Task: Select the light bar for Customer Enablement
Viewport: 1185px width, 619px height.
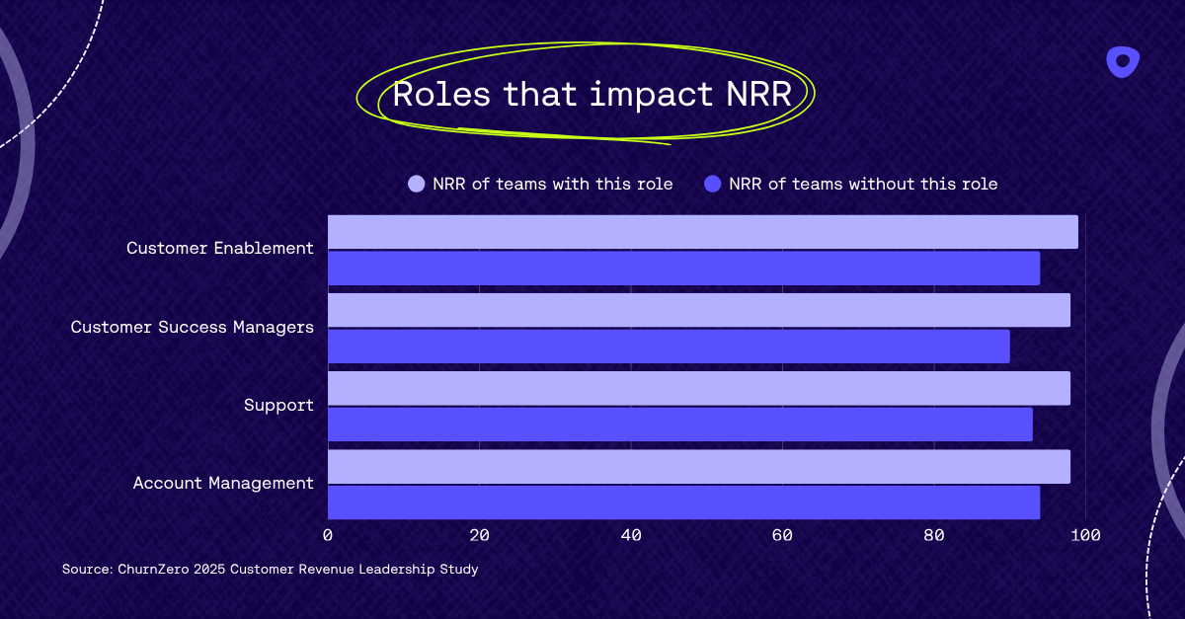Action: pos(702,232)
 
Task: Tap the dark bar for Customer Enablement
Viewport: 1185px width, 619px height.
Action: pos(683,268)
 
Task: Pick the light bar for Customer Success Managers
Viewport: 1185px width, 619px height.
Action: pos(698,310)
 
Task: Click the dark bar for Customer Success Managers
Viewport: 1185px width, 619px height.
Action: pos(669,347)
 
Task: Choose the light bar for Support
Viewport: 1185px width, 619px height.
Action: pos(698,388)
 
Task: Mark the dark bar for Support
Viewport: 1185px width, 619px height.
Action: pos(679,425)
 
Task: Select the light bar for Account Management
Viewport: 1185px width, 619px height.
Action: pos(698,467)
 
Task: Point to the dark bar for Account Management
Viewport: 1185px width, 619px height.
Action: pos(683,503)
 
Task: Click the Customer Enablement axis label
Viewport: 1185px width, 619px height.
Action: pos(220,248)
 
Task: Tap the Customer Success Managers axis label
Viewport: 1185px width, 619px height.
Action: pos(193,327)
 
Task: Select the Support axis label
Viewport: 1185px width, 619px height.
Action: pos(278,405)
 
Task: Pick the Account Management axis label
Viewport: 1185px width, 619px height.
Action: pos(223,483)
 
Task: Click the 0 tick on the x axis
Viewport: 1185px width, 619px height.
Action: pos(328,535)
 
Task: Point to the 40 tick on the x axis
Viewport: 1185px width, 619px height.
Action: pos(631,535)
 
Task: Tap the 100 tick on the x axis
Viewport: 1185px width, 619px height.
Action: pos(1085,535)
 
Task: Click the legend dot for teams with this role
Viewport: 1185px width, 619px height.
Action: pos(417,184)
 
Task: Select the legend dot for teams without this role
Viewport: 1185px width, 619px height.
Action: pos(713,184)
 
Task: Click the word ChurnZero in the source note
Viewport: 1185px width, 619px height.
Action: pos(154,570)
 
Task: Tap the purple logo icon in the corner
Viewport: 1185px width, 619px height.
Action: pos(1123,62)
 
